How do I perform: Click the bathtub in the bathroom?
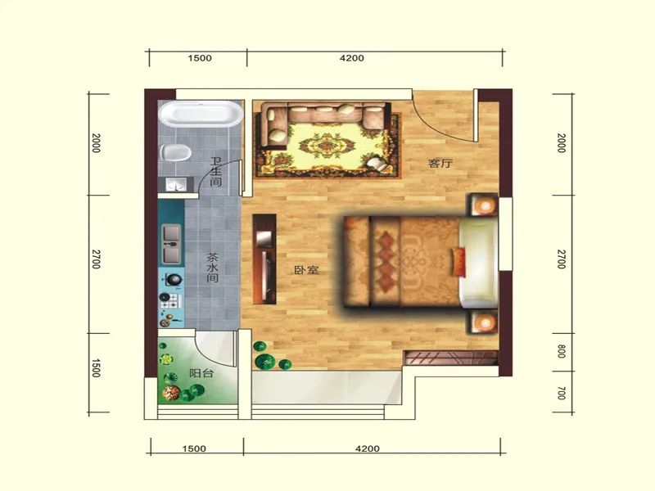coord(201,113)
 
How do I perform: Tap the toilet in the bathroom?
coord(175,152)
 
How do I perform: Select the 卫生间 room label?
coord(215,172)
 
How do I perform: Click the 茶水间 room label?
coord(213,268)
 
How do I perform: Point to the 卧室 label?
coord(306,270)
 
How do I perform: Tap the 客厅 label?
coord(440,163)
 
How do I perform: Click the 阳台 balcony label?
coord(201,373)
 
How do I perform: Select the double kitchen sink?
coord(172,244)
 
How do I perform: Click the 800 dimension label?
coord(562,351)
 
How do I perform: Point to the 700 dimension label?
coord(562,393)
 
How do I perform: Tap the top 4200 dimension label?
coord(352,58)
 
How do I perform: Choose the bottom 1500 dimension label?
coord(194,448)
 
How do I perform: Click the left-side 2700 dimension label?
coord(96,259)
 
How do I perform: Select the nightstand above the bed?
coord(484,205)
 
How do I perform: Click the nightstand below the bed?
coord(484,322)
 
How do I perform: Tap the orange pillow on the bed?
coord(458,261)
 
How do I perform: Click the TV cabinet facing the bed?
coord(264,259)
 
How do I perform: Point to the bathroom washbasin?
coord(176,184)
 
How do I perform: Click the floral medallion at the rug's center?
coord(327,146)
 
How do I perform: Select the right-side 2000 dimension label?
coord(562,143)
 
